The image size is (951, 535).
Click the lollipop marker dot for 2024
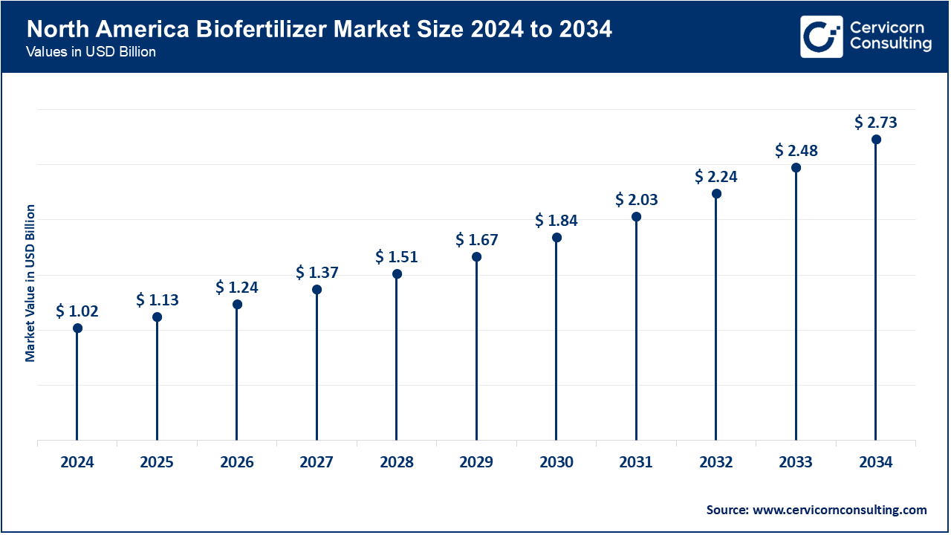pos(77,328)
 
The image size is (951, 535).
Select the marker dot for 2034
pos(876,140)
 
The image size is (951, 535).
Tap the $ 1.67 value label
pos(476,240)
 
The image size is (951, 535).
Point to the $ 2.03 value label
pos(636,200)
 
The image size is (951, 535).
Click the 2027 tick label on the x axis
pos(317,462)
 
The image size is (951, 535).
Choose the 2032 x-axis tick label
pos(715,462)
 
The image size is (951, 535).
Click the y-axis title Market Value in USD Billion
pos(30,283)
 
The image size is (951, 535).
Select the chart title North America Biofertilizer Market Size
pos(319,30)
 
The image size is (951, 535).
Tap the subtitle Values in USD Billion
pos(91,53)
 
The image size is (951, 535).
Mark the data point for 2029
pos(476,257)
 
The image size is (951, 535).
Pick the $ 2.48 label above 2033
pos(796,151)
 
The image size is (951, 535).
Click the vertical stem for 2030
pos(556,342)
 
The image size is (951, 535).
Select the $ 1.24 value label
pos(237,288)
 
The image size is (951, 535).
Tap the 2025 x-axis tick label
pos(157,462)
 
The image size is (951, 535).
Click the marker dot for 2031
pos(636,217)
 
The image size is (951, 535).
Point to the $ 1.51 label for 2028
pos(397,257)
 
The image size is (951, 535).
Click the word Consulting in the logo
pos(890,45)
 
